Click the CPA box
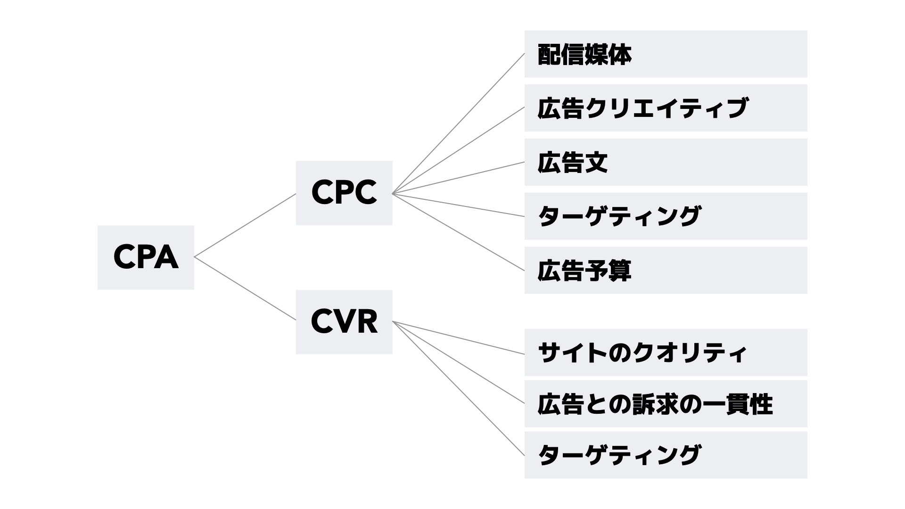[x=146, y=257]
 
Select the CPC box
[x=344, y=193]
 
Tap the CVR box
[x=344, y=322]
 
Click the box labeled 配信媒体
[x=666, y=54]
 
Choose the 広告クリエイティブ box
[x=666, y=108]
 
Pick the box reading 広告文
[x=666, y=162]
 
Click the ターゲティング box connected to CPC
[x=666, y=216]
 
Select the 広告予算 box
[x=666, y=270]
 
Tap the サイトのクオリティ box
[x=666, y=353]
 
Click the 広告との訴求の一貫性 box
[x=666, y=404]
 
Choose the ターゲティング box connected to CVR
[x=666, y=455]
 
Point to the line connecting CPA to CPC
[x=245, y=225]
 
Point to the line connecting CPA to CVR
[x=245, y=289]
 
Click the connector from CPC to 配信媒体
[x=458, y=123]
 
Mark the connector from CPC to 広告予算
[x=458, y=232]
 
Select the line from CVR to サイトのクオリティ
[x=458, y=338]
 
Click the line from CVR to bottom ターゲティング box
[x=458, y=388]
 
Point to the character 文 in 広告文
[x=596, y=163]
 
